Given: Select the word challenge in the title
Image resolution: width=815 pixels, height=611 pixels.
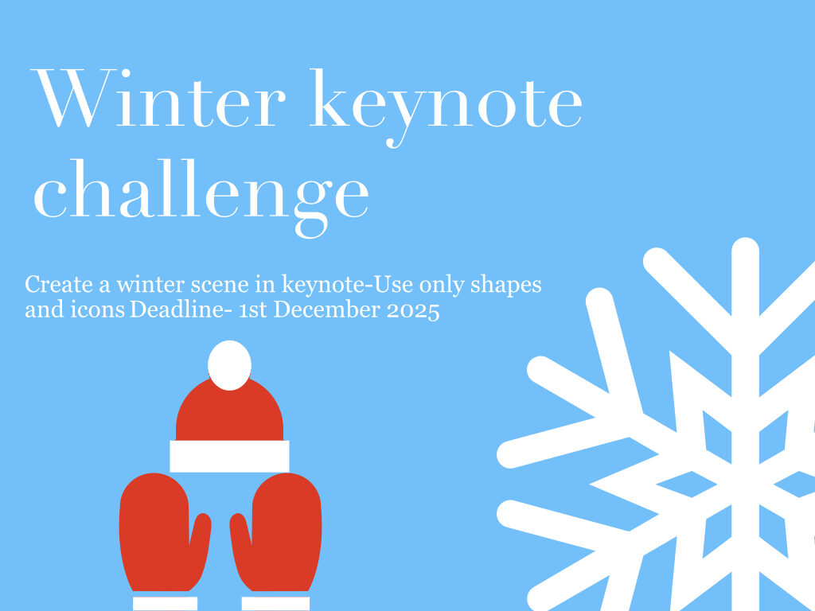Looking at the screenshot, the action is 201,198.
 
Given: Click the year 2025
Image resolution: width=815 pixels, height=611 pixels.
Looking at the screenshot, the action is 414,311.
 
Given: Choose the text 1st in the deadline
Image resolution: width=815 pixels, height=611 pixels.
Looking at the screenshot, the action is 253,310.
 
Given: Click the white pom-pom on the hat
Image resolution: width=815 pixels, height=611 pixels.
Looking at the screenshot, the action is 230,364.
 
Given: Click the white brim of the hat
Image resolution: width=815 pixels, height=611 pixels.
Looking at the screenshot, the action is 229,456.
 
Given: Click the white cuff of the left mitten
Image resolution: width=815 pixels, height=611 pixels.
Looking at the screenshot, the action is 166,603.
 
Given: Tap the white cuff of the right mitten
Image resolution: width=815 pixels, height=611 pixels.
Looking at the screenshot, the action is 275,603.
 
